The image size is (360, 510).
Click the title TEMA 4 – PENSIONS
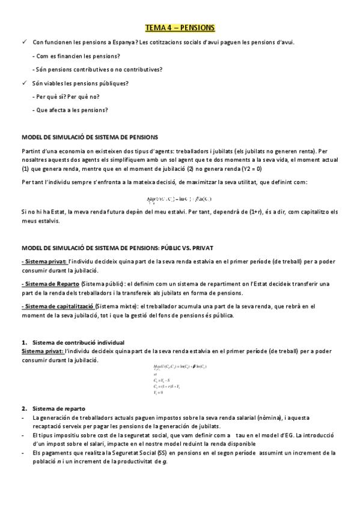(180, 28)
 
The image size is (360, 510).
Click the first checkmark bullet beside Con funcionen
(24, 42)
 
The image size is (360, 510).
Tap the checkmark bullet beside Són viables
(24, 82)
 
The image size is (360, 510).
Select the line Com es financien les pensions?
(75, 56)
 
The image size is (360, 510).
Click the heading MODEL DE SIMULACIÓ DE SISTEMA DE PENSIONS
(89, 137)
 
